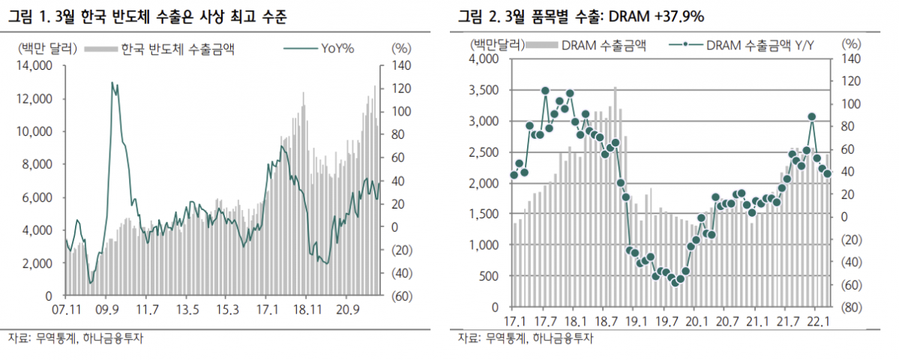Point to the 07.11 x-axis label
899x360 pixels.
65,309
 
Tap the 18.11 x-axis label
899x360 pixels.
307,309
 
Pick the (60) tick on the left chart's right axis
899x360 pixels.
400,295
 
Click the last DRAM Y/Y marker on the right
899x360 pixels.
828,174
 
